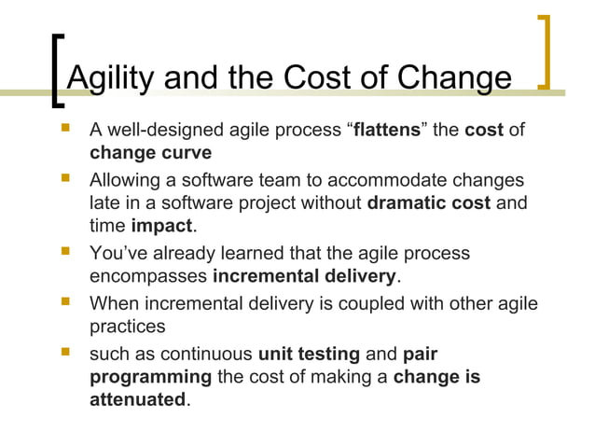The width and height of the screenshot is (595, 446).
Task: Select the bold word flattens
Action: pyautogui.click(x=389, y=130)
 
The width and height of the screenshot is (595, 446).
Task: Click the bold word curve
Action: pyautogui.click(x=189, y=152)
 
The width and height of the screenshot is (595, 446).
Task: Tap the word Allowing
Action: pyautogui.click(x=124, y=179)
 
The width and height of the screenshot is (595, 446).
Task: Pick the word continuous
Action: pyautogui.click(x=207, y=354)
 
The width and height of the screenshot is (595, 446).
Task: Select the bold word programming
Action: pyautogui.click(x=150, y=376)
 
